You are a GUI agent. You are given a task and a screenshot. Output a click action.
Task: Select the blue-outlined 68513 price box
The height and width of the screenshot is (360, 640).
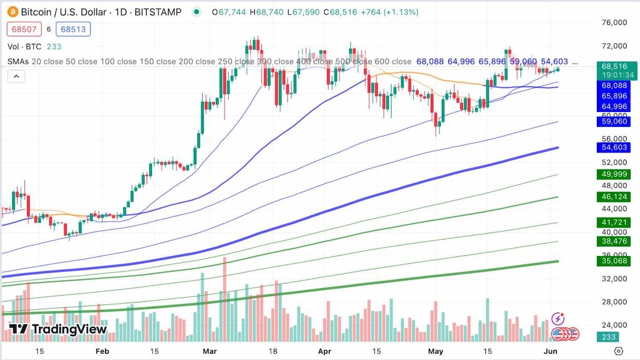(x=73, y=29)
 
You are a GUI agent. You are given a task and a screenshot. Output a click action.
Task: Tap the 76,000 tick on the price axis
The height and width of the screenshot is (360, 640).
(x=614, y=22)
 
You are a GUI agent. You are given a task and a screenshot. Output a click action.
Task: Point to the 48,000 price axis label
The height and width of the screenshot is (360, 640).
(x=614, y=186)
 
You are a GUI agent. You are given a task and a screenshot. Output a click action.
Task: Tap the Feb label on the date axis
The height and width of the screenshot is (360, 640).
(x=102, y=351)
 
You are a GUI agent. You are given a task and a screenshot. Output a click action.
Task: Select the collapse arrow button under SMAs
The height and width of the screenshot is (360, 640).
(x=16, y=77)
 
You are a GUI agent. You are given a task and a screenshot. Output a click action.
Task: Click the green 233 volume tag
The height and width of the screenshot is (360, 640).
(x=609, y=337)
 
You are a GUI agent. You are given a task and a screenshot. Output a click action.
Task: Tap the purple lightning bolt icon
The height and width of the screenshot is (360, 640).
(x=558, y=319)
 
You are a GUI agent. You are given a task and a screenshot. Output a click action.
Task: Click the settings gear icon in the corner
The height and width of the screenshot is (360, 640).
(x=619, y=351)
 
